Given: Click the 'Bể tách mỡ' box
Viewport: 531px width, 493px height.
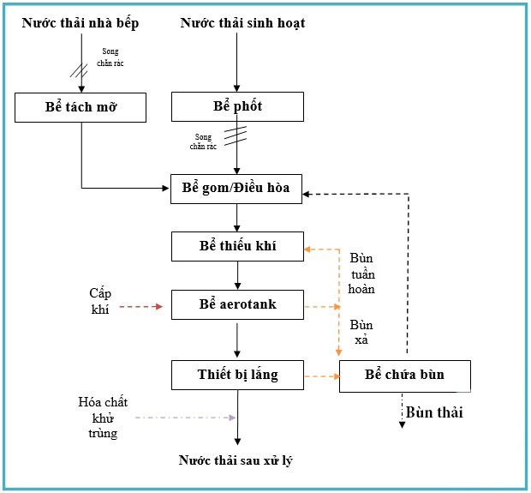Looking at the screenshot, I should tap(81, 107).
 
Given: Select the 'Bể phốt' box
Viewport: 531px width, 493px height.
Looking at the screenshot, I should tap(237, 107).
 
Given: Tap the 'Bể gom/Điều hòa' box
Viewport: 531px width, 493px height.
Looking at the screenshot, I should tap(237, 189).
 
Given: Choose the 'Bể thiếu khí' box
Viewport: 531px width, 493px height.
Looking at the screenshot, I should tap(237, 247).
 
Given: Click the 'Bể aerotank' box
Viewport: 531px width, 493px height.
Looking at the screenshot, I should tap(237, 304).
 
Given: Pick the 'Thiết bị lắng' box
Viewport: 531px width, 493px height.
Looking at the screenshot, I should tap(237, 374).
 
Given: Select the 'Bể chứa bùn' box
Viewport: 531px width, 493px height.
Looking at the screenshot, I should tap(404, 376).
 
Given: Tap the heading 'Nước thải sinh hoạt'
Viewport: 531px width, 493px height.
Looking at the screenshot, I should tap(242, 23).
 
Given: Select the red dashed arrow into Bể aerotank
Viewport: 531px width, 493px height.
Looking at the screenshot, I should tap(140, 306).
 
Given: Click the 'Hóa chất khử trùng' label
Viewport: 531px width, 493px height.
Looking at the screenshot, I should tap(97, 418).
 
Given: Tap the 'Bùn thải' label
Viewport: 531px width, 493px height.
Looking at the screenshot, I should tap(434, 412).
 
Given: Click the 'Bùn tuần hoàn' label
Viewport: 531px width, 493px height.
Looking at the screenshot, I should tap(361, 274).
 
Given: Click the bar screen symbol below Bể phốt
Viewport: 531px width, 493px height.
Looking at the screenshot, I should tap(236, 135).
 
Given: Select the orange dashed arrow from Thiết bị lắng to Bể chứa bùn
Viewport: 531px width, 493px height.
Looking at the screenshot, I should tap(322, 376).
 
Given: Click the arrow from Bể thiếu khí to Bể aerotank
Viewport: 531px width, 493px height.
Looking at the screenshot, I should tap(238, 274).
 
